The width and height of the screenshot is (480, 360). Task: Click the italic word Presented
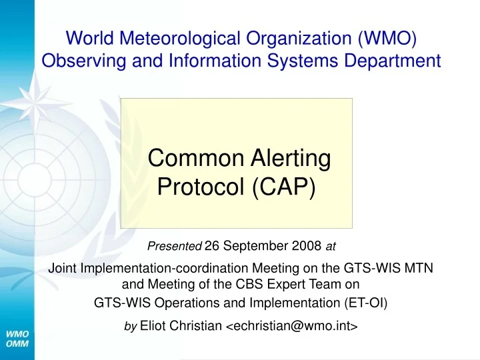tap(174, 247)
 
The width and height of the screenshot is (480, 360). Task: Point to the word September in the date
tap(255, 247)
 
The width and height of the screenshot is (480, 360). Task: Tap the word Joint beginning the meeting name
tap(64, 269)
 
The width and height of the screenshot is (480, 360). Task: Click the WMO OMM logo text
tap(17, 338)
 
